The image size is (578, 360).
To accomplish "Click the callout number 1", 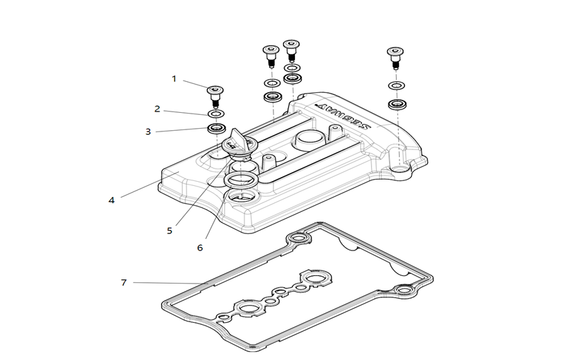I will point(174,79).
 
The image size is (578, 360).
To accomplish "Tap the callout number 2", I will point(157,109).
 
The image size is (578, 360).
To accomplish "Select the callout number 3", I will point(147,131).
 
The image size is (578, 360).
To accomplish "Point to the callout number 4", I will point(112,200).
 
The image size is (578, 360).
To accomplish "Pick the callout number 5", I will point(169,231).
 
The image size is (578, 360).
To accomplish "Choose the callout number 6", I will point(200,247).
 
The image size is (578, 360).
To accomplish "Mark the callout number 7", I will point(124,282).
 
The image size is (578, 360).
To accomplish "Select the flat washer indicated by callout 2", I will point(216,114).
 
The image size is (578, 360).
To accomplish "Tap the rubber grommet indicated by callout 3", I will point(217,129).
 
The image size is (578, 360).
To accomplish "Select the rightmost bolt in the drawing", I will point(395,56).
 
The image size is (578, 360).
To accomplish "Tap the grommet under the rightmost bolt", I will point(396,105).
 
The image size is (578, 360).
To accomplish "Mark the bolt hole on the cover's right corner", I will point(400,167).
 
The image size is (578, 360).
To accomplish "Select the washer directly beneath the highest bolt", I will point(291,68).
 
